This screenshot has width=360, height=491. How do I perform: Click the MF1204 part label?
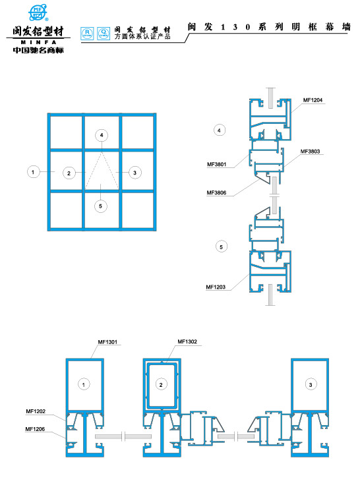[x=312, y=100]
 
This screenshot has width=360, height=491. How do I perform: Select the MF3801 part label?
[x=216, y=164]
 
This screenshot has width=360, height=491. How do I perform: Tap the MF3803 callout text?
[x=310, y=152]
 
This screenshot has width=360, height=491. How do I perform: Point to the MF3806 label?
[x=216, y=193]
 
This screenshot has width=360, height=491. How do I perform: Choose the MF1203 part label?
[x=216, y=287]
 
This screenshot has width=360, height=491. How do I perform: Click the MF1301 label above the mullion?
[x=107, y=342]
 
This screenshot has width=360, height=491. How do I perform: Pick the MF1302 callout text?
[x=187, y=342]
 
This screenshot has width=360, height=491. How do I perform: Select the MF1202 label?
[x=36, y=411]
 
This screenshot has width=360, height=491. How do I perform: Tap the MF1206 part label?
[x=36, y=429]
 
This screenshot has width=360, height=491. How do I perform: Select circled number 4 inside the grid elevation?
[x=100, y=135]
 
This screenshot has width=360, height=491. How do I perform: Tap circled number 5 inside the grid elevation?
[x=100, y=206]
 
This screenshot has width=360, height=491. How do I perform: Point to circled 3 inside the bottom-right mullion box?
[x=310, y=384]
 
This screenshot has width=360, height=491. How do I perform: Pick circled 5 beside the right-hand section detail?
[x=222, y=246]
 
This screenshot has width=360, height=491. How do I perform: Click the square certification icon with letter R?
[x=86, y=32]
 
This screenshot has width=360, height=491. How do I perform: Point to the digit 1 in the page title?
[x=224, y=27]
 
